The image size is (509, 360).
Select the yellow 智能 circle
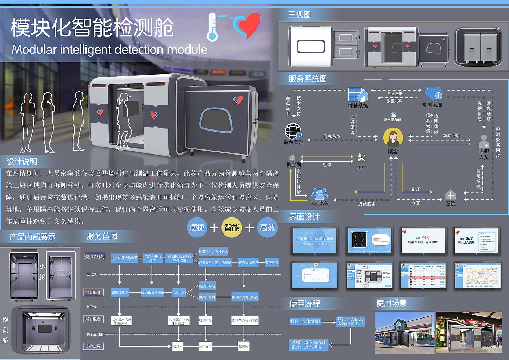pos(232,228)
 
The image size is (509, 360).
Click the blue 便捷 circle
pos(197,228)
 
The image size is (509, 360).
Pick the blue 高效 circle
pos(268,228)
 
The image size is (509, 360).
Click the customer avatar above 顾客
pos(393,138)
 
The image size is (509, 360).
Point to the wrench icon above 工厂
pos(361,157)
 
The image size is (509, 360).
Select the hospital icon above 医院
pos(450,195)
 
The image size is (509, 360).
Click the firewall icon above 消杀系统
pos(358,95)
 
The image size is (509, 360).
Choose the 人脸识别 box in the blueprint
pos(179,292)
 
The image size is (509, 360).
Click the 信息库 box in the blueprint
pos(177,346)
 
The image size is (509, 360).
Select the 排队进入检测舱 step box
pos(305,321)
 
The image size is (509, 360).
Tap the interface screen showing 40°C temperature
pos(423,240)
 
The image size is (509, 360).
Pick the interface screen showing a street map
pos(477,275)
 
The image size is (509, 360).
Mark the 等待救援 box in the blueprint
pos(272,263)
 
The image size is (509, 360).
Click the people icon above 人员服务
pos(319,194)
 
